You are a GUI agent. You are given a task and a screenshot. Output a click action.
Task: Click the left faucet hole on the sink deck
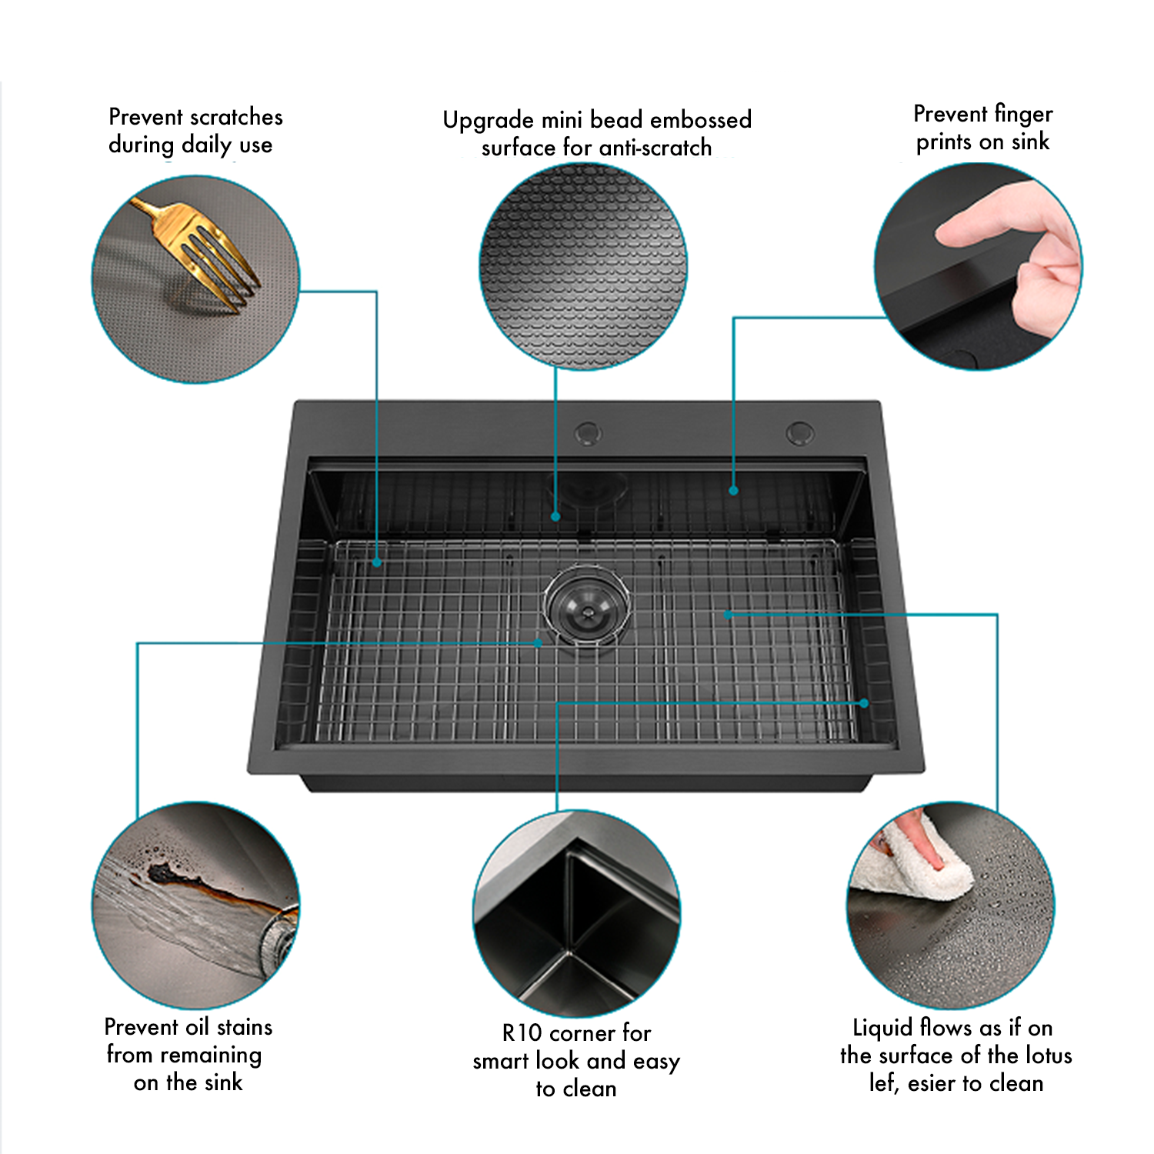pyautogui.click(x=588, y=433)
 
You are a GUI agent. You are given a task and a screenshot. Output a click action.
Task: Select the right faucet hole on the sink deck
pyautogui.click(x=799, y=433)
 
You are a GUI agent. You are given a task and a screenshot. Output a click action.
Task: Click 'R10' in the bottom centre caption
pyautogui.click(x=522, y=1032)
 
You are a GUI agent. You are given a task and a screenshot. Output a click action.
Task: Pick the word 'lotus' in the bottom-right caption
pyautogui.click(x=1047, y=1055)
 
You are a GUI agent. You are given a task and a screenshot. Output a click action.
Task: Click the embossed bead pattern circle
pyautogui.click(x=583, y=266)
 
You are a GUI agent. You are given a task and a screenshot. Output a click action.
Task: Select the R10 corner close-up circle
pyautogui.click(x=576, y=913)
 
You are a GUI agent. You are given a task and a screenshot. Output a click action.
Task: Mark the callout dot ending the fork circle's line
pyautogui.click(x=377, y=563)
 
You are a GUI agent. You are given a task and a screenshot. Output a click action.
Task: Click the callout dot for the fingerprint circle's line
pyautogui.click(x=733, y=490)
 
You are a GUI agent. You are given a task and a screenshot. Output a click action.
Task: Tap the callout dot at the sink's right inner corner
pyautogui.click(x=864, y=702)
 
